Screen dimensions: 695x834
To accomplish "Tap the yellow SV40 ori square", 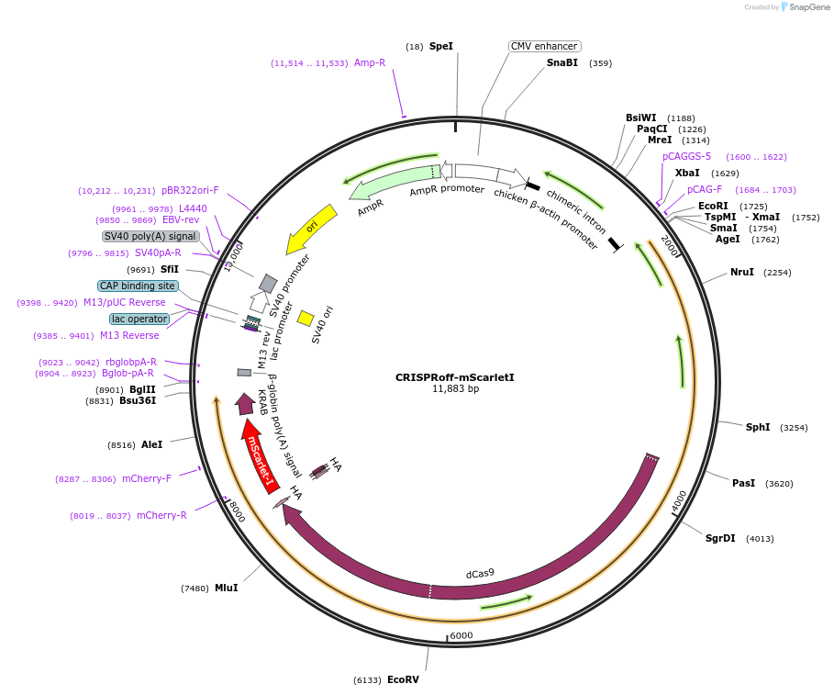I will (306, 318).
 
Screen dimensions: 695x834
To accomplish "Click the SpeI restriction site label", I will (441, 46).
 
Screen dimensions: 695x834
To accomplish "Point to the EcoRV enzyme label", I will (403, 679).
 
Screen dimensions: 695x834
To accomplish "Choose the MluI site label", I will (227, 588).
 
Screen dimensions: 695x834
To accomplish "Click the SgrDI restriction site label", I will (720, 538).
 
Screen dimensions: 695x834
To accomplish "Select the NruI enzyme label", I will (742, 272).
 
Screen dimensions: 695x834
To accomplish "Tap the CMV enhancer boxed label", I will (544, 46).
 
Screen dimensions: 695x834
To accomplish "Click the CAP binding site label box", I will (138, 286).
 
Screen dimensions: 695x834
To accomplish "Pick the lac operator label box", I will (139, 319).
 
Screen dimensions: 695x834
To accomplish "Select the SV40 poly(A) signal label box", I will (150, 236).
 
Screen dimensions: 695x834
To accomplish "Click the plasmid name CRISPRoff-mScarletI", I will (455, 376).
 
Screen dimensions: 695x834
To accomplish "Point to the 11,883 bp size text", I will (455, 389).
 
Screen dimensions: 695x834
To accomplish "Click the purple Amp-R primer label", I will (370, 62).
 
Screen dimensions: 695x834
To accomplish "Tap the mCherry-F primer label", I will (147, 478).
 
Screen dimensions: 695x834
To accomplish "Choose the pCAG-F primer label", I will (705, 189).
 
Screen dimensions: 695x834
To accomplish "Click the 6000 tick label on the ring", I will (461, 635).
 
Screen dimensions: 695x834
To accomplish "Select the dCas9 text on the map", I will (480, 574).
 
